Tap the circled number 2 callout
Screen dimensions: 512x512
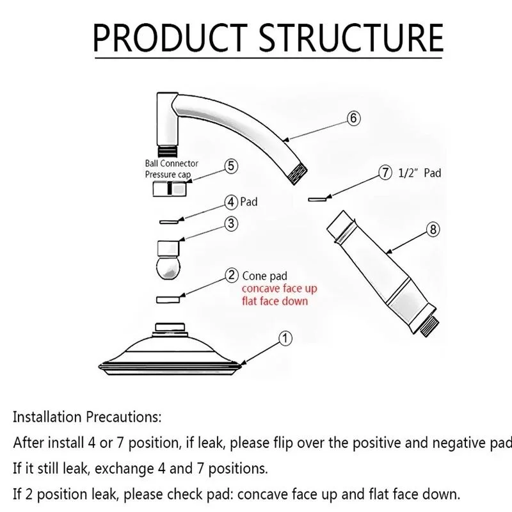coord(232,276)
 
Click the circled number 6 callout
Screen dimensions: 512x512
coord(354,118)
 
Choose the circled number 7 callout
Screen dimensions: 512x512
coord(385,173)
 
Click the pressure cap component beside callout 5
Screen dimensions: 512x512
coord(169,189)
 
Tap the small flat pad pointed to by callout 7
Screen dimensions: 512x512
coord(316,199)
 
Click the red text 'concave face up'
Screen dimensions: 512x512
coord(279,289)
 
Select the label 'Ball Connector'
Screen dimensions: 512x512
coord(171,163)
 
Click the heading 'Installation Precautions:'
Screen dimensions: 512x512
coord(87,417)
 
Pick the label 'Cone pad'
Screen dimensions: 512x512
coord(265,276)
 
